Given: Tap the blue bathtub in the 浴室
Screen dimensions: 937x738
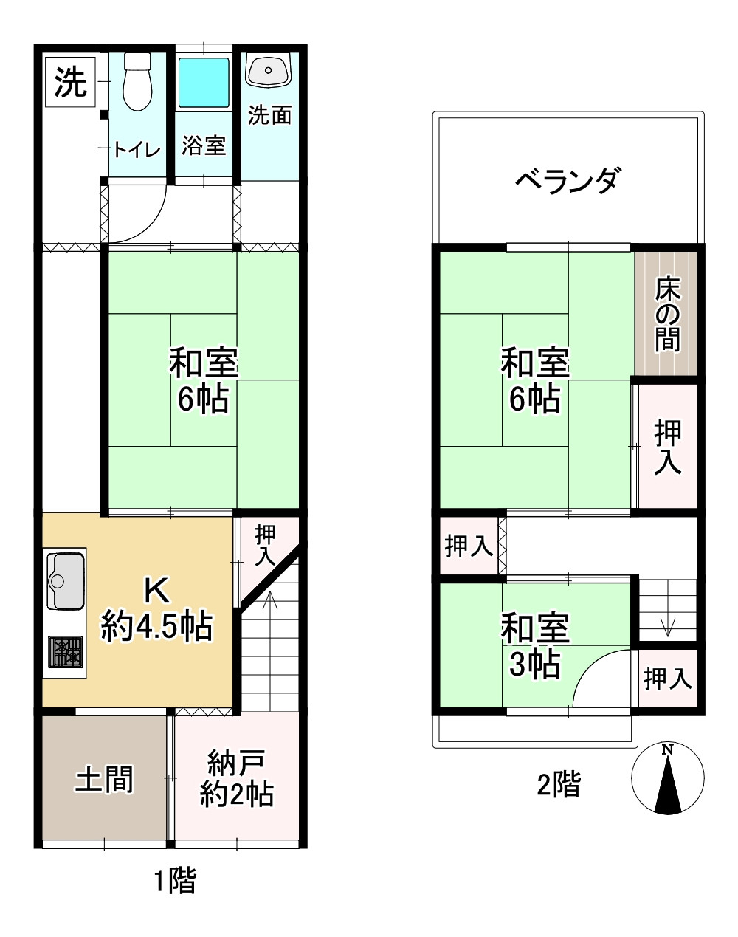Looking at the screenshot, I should point(204,82).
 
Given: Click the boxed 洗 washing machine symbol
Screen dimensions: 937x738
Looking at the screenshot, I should point(71,82).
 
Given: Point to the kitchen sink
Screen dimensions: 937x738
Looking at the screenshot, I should point(66,580).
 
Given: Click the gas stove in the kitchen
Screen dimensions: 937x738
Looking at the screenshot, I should point(66,652).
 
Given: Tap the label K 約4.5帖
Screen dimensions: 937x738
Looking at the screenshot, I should point(156,610).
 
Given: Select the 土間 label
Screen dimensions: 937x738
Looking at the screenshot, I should point(104,779).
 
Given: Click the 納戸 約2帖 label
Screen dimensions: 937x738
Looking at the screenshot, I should point(237,778).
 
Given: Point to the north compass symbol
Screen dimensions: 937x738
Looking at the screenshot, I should point(668,778).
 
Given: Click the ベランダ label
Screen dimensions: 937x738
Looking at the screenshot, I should point(567,179).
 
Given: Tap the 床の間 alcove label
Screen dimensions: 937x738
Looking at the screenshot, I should point(667,314).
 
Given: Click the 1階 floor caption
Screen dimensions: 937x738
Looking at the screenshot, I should point(175,880).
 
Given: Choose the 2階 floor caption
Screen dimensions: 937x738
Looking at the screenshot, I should point(558,784).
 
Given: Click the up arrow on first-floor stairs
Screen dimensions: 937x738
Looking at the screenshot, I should point(269,602).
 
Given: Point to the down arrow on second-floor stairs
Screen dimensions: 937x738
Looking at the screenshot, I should point(668,625).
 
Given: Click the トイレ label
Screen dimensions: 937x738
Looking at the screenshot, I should point(137,151).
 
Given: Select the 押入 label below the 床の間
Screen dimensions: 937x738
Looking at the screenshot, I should point(667,446).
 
